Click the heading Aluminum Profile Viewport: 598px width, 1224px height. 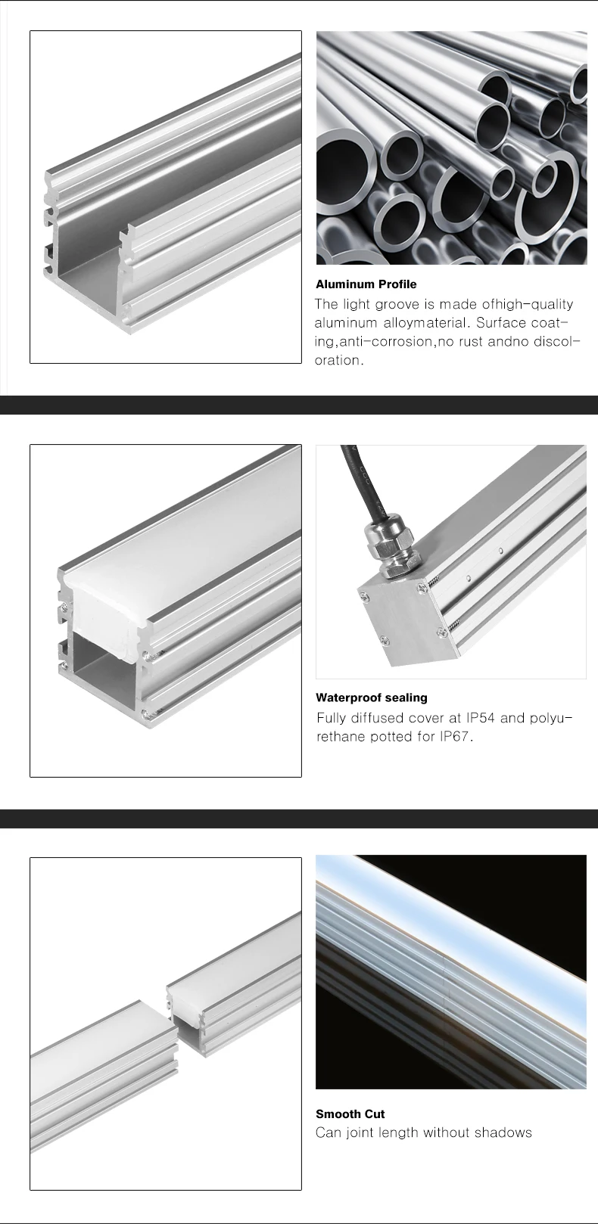pyautogui.click(x=366, y=284)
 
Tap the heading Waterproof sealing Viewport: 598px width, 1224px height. pyautogui.click(x=371, y=697)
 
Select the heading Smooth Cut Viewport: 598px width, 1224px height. pyautogui.click(x=350, y=1114)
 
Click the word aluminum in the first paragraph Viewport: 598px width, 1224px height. pyautogui.click(x=346, y=323)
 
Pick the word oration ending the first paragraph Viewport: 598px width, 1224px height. pyautogui.click(x=338, y=360)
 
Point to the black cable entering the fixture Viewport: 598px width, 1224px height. pyautogui.click(x=354, y=477)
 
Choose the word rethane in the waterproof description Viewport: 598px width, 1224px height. pyautogui.click(x=341, y=736)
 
